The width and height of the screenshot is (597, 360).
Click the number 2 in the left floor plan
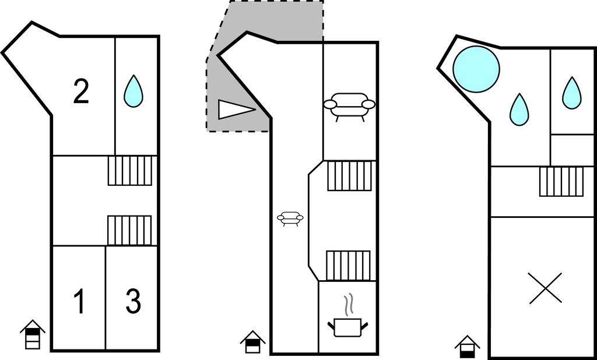click(81, 91)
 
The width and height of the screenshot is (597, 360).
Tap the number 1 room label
click(79, 301)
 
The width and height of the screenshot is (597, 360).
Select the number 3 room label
click(134, 301)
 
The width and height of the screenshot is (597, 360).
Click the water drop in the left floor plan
click(134, 91)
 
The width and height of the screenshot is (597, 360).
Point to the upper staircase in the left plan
click(130, 171)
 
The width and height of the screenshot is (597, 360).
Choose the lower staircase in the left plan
click(129, 231)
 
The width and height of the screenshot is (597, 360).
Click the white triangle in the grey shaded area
click(236, 110)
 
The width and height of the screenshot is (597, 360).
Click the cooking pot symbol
click(347, 328)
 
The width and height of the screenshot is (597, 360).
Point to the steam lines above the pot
click(347, 306)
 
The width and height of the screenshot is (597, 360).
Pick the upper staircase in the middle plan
click(349, 176)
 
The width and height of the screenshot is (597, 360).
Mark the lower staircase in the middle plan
click(348, 266)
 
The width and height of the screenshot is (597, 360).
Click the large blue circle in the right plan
click(476, 69)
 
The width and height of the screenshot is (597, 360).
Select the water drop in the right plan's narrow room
click(572, 93)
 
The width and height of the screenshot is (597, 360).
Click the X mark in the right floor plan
click(546, 288)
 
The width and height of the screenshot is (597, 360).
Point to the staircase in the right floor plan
click(561, 182)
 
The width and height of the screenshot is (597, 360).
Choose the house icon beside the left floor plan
click(33, 334)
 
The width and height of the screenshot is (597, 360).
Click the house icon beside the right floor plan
click(467, 347)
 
